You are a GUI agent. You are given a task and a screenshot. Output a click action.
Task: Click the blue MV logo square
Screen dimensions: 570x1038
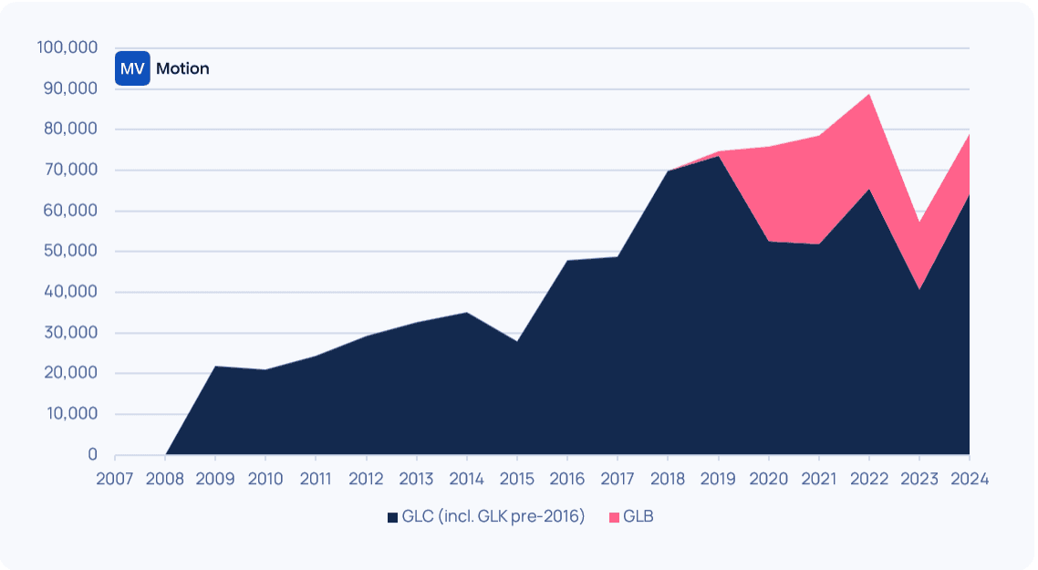click(132, 68)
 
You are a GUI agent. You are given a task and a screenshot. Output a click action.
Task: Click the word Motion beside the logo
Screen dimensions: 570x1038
click(182, 68)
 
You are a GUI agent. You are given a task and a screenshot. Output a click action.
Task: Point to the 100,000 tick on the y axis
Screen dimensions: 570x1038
click(67, 47)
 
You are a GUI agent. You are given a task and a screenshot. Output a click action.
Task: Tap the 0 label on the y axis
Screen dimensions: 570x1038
click(92, 454)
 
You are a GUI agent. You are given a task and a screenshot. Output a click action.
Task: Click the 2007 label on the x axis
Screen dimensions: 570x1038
click(115, 478)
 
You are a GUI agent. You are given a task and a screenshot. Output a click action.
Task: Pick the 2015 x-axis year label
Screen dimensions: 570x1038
click(516, 478)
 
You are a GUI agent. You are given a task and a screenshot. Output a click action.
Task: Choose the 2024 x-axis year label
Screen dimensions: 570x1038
click(969, 478)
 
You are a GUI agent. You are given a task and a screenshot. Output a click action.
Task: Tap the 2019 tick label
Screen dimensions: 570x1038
click(718, 478)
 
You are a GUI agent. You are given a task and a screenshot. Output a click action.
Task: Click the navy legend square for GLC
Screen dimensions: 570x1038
click(392, 517)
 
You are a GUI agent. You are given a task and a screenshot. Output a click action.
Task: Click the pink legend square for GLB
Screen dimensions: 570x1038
click(614, 517)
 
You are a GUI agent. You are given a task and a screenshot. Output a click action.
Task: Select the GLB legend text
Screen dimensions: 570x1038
click(638, 516)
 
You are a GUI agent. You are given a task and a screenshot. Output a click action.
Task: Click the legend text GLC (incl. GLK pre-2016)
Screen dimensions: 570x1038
click(493, 516)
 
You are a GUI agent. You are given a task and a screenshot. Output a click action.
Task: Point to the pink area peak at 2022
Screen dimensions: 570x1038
click(868, 95)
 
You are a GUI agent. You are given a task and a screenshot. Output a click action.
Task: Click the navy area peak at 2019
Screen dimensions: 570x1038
click(718, 157)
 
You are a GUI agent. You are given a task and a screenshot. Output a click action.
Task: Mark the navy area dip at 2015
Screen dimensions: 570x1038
click(516, 342)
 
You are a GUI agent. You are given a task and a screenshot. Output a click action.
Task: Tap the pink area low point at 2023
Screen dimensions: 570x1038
click(919, 223)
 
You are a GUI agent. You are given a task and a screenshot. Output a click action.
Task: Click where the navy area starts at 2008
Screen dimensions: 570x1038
click(166, 453)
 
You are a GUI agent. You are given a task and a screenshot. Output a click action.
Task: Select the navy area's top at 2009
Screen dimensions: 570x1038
click(215, 367)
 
